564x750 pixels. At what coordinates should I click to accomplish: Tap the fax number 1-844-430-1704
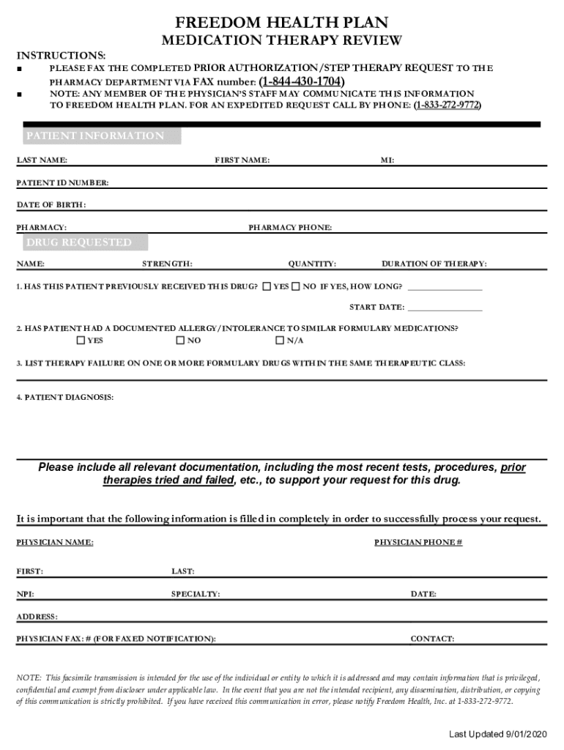pyautogui.click(x=301, y=81)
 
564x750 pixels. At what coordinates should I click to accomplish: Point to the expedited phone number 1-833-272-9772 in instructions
pyautogui.click(x=448, y=105)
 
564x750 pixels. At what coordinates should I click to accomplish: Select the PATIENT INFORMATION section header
pyautogui.click(x=95, y=136)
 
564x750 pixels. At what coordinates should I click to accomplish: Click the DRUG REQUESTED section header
pyautogui.click(x=79, y=242)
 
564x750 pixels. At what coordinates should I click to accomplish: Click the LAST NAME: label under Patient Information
pyautogui.click(x=42, y=160)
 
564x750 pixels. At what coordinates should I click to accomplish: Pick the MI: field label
pyautogui.click(x=387, y=160)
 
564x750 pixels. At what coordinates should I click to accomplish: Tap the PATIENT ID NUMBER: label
pyautogui.click(x=63, y=182)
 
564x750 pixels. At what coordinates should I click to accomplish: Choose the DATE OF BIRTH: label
pyautogui.click(x=51, y=204)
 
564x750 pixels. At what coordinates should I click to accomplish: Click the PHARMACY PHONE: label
pyautogui.click(x=290, y=228)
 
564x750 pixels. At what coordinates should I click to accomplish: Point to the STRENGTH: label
pyautogui.click(x=168, y=264)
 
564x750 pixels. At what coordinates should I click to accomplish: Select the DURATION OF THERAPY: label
pyautogui.click(x=434, y=264)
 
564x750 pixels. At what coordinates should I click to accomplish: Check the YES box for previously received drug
pyautogui.click(x=267, y=286)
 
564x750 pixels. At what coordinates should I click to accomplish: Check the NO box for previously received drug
pyautogui.click(x=296, y=286)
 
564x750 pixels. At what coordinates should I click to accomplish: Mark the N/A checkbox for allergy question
pyautogui.click(x=279, y=341)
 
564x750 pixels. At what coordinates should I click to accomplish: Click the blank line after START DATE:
pyautogui.click(x=445, y=308)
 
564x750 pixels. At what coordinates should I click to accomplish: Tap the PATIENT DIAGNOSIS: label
pyautogui.click(x=65, y=397)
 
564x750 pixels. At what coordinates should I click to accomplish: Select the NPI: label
pyautogui.click(x=25, y=594)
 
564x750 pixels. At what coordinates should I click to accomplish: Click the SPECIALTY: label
pyautogui.click(x=196, y=594)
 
